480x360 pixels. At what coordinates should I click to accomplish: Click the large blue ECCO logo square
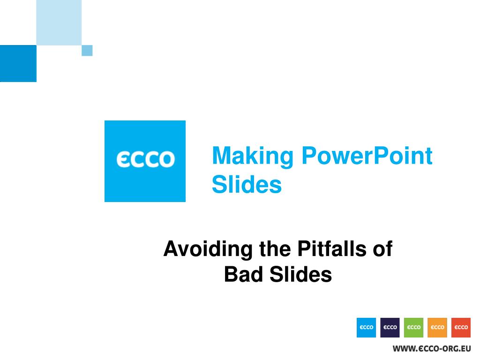(145, 161)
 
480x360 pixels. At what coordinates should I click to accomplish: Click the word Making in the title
(253, 157)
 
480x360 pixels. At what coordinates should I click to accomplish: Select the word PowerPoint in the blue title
(367, 156)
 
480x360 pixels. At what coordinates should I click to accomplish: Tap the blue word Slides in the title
(247, 184)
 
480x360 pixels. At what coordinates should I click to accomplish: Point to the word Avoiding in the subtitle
(208, 249)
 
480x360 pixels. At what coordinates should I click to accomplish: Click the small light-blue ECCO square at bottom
(366, 328)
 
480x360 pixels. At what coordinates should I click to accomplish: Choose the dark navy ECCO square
(390, 328)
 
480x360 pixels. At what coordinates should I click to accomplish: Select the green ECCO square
(413, 328)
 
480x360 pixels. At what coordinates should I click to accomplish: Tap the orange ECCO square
(437, 328)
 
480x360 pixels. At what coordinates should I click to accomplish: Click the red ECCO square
(461, 328)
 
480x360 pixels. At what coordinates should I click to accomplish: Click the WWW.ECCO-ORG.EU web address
(432, 349)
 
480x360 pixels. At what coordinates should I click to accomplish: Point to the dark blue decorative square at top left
(18, 63)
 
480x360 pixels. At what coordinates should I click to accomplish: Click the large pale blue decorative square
(59, 22)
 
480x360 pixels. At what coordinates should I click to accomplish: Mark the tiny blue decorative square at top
(87, 51)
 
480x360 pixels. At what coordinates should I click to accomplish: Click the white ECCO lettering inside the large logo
(145, 159)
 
